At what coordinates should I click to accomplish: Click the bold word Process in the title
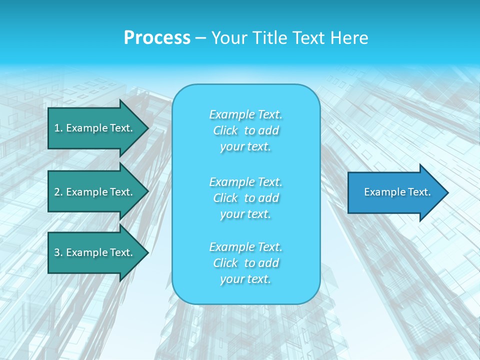(157, 38)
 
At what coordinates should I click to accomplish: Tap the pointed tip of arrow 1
(147, 128)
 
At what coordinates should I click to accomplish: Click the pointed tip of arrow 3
(147, 252)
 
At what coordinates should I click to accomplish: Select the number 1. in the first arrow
(58, 128)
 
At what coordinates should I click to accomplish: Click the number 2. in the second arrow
(58, 192)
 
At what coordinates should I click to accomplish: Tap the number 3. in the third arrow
(58, 252)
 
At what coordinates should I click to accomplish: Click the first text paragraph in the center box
(246, 130)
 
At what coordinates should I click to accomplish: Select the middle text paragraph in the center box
(246, 198)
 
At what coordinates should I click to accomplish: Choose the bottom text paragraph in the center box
(246, 263)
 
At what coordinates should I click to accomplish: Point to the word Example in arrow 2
(86, 192)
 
